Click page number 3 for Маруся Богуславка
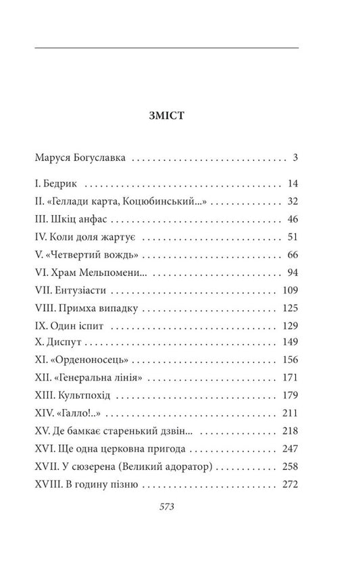tap(296, 160)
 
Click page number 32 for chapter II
tap(292, 201)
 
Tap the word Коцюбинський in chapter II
tap(161, 201)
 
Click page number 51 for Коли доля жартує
tap(292, 237)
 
